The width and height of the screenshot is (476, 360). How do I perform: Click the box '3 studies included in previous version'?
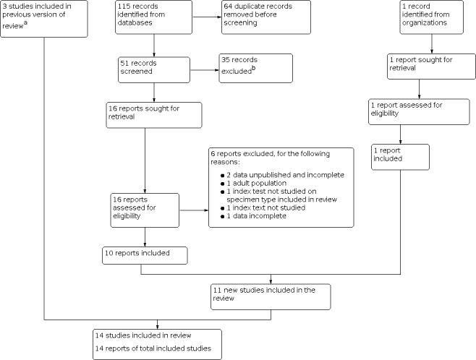(x=44, y=18)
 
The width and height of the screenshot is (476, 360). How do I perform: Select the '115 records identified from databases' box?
(x=153, y=18)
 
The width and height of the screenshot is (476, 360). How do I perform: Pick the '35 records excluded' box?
(x=255, y=68)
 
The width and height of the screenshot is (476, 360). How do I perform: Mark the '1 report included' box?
(x=400, y=158)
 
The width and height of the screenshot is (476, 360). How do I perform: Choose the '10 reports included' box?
(x=145, y=255)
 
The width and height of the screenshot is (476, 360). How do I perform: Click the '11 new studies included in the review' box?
(x=269, y=297)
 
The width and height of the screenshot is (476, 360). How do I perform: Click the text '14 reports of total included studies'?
(x=154, y=348)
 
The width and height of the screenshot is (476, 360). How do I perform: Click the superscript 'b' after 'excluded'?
(x=253, y=69)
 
